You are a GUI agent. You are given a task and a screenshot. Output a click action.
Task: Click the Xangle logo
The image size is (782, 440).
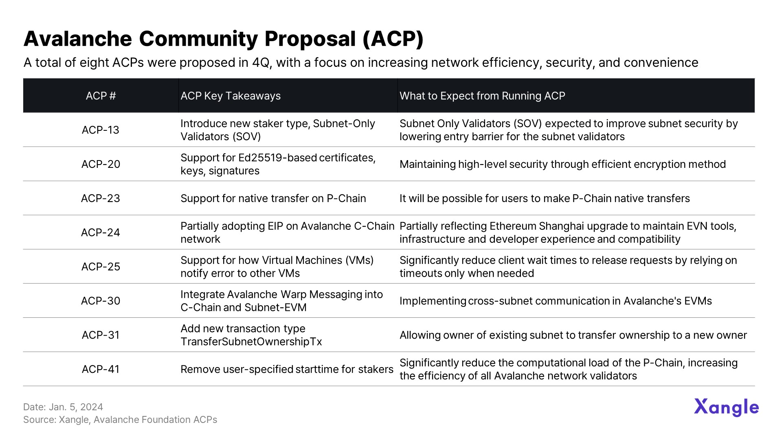pos(726,407)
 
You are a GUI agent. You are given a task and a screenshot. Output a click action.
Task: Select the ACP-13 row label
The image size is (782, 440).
pos(101,130)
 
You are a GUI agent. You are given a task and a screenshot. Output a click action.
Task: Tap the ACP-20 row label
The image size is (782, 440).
pos(101,164)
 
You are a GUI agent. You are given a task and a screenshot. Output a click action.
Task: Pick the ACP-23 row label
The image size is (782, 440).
pos(101,198)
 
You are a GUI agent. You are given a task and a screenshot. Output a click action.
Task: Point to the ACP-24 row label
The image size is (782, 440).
pos(101,233)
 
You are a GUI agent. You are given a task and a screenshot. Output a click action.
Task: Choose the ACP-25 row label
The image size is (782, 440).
pos(101,267)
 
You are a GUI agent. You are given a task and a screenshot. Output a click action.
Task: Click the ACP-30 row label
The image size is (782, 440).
pos(101,301)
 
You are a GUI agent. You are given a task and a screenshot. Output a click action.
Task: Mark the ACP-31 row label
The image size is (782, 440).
pos(101,335)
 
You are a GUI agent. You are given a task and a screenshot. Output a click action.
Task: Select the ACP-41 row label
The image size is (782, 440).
pos(101,370)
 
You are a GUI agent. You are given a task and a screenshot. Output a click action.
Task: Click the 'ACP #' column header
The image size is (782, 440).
pos(101,96)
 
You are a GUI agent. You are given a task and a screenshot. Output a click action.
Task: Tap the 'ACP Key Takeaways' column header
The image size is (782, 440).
pos(231,96)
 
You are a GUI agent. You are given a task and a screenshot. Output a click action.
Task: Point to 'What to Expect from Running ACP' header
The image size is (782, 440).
pos(482,96)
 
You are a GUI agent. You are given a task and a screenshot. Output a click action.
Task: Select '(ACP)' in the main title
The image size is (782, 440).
pos(393,39)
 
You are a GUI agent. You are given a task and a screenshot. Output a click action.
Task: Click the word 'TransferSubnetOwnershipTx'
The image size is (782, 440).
pos(251,342)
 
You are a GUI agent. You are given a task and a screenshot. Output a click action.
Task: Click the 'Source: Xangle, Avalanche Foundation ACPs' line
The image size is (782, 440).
pos(120,420)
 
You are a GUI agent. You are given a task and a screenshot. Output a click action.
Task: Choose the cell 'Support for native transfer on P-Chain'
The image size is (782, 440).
pos(273,198)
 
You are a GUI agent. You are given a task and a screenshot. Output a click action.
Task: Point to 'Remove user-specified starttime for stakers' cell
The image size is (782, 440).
pos(287,370)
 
